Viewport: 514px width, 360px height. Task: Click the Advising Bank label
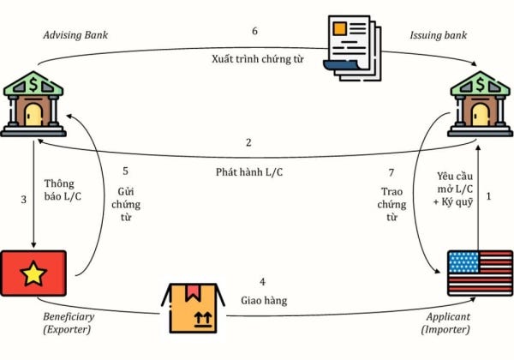point(75,35)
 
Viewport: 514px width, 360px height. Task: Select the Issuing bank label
point(439,35)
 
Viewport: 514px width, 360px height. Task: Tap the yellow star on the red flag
point(33,273)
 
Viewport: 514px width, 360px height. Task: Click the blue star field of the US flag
point(463,262)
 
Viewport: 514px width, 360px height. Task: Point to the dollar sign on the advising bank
point(33,84)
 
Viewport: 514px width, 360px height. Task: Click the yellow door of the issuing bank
point(481,115)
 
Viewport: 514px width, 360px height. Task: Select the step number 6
point(254,31)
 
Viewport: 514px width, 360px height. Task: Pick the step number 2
point(248,142)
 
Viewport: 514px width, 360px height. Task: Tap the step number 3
point(24,200)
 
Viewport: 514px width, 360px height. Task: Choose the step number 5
point(126,171)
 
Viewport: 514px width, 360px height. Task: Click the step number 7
point(391,172)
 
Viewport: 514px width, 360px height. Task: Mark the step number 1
point(489,196)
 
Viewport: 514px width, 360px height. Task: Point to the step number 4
point(263,282)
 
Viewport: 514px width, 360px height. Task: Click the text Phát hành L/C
point(249,172)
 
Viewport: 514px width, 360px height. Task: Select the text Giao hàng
point(264,301)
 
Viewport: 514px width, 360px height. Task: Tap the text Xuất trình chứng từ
point(258,59)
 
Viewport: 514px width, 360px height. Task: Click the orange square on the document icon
point(339,28)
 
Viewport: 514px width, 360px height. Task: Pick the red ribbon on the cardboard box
point(193,293)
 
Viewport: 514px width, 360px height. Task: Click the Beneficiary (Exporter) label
point(69,322)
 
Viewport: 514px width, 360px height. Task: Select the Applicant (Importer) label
point(445,322)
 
